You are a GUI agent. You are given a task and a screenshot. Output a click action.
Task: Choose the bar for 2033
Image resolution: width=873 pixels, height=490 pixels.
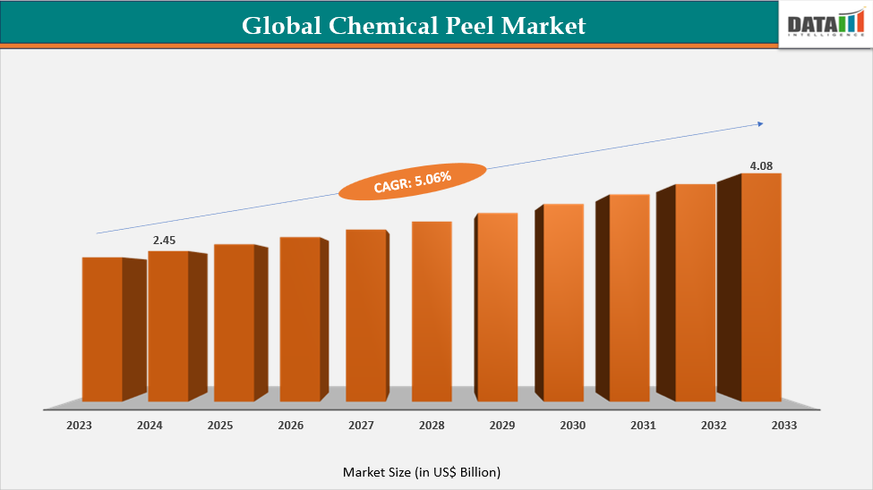point(761,287)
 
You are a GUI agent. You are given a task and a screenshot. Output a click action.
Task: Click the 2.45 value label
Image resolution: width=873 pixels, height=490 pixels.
point(166,241)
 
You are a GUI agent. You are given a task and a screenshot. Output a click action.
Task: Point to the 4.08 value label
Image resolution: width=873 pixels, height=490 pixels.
point(761,165)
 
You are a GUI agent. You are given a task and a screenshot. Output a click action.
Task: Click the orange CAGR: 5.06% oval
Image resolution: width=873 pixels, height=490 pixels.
point(412,182)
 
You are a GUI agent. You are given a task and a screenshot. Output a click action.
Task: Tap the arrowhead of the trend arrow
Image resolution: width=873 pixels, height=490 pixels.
point(760,123)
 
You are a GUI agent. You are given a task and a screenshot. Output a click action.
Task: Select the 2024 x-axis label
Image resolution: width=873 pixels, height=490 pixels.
point(150,426)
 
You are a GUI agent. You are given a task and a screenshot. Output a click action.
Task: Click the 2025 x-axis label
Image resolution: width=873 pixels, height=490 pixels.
point(220,426)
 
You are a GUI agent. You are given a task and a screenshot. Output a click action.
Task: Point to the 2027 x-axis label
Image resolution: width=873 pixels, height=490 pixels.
point(361,426)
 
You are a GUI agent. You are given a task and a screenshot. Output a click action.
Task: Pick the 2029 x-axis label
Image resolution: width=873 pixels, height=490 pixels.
point(502,426)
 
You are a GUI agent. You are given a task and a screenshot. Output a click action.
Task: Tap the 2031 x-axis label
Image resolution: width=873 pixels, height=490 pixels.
point(643,426)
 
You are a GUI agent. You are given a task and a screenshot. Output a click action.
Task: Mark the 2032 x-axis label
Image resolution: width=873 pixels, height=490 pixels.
point(714,426)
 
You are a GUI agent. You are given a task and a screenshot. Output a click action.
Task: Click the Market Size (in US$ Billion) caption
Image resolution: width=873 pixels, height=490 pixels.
point(422,471)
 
